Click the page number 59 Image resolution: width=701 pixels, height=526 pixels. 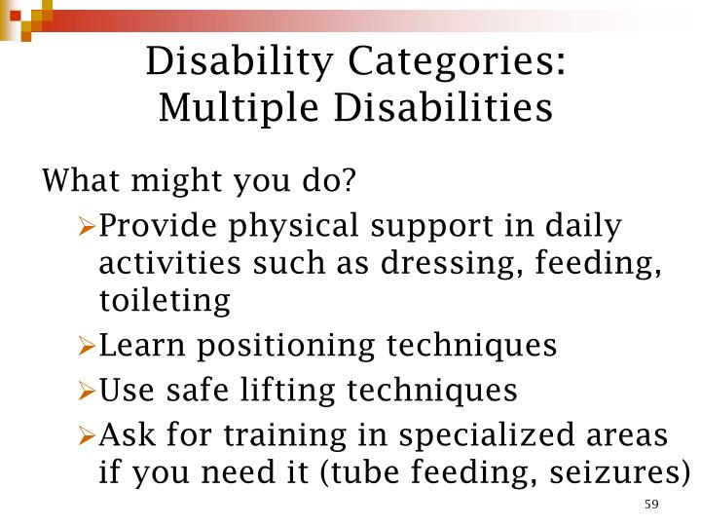tap(651, 504)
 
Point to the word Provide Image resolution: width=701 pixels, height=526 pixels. tap(159, 226)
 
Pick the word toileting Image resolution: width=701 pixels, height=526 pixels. tap(165, 301)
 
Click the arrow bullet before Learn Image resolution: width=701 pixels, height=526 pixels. tap(86, 346)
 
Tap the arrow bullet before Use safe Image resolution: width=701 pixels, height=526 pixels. tap(86, 391)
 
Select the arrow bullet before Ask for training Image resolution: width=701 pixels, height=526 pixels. tap(86, 434)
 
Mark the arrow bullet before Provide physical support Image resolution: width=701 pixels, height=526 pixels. tap(86, 227)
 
